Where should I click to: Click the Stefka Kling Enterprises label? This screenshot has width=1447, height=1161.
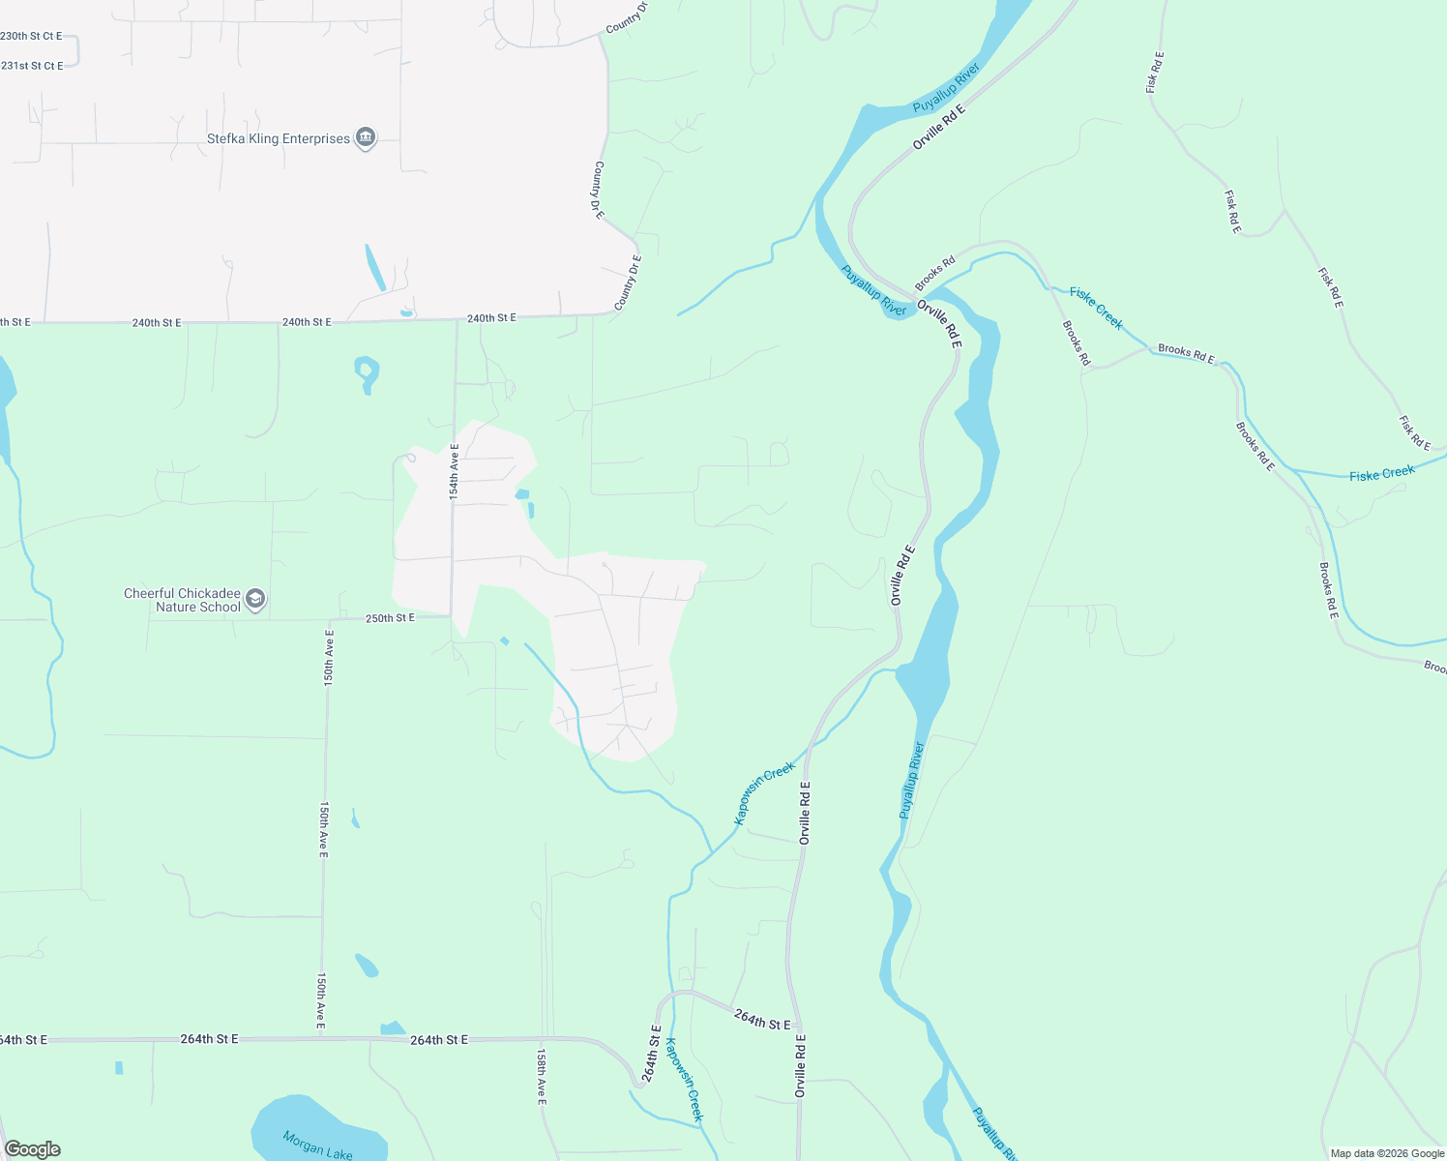click(x=279, y=139)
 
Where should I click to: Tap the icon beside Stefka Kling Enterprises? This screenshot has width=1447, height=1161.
click(x=366, y=138)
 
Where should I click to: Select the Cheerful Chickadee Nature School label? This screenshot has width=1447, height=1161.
click(x=182, y=601)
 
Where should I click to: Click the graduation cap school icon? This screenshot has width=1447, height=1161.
click(x=255, y=600)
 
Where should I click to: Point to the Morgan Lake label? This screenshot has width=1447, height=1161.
click(x=318, y=1145)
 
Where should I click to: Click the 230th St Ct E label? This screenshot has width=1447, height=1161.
click(x=31, y=37)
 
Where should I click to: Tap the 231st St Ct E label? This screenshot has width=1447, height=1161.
click(x=32, y=67)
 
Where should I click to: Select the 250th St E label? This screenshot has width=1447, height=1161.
click(x=390, y=618)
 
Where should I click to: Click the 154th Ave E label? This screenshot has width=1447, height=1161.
click(x=454, y=471)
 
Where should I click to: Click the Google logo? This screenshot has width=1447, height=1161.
click(x=33, y=1149)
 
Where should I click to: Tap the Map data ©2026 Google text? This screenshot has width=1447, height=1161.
click(x=1387, y=1153)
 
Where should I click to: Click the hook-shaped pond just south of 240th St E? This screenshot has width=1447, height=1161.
click(x=367, y=372)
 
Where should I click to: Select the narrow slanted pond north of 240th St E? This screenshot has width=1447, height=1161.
click(x=374, y=267)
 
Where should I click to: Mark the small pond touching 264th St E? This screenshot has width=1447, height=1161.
click(x=393, y=1028)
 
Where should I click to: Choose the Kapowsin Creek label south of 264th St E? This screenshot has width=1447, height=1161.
click(x=684, y=1080)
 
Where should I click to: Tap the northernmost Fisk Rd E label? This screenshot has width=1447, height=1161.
click(x=1153, y=72)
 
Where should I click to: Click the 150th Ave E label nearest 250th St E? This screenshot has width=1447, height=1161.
click(x=329, y=658)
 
